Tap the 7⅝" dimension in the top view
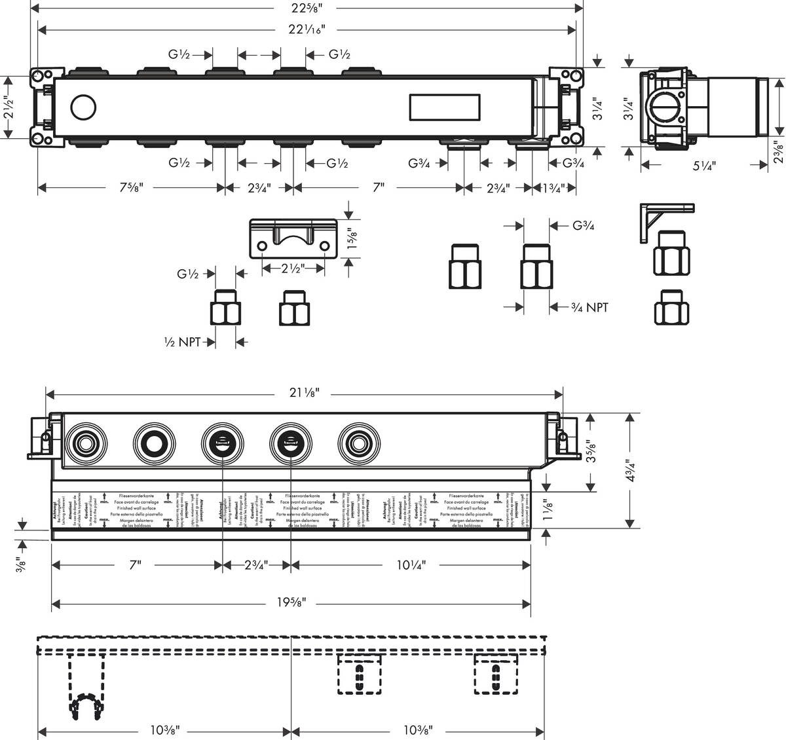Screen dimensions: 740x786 tap(132, 188)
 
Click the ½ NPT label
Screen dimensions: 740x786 tap(183, 341)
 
